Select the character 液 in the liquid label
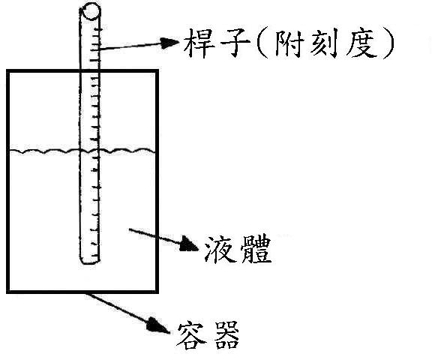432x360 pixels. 220,249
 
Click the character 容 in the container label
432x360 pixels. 192,335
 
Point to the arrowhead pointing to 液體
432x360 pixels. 189,244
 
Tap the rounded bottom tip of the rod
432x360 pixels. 90,261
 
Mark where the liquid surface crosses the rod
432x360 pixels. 90,151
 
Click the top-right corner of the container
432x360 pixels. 157,71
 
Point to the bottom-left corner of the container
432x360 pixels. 8,292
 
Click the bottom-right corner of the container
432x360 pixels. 157,292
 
